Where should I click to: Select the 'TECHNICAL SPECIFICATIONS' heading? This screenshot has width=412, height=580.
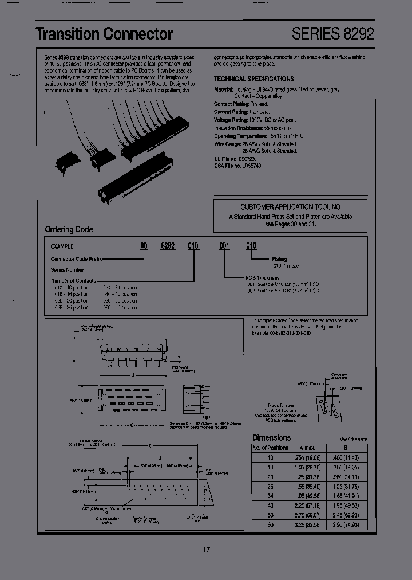pyautogui.click(x=254, y=79)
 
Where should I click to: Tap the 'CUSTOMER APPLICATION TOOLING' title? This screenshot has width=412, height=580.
pyautogui.click(x=290, y=207)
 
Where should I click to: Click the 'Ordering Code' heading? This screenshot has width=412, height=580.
pyautogui.click(x=69, y=230)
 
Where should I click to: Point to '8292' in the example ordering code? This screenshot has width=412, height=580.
pyautogui.click(x=167, y=245)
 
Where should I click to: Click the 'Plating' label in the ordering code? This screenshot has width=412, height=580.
pyautogui.click(x=279, y=259)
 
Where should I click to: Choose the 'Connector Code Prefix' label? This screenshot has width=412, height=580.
pyautogui.click(x=76, y=259)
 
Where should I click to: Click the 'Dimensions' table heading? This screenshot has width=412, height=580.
pyautogui.click(x=272, y=438)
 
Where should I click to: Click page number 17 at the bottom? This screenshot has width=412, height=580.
pyautogui.click(x=207, y=550)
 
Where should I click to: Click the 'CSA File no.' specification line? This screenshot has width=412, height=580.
pyautogui.click(x=238, y=166)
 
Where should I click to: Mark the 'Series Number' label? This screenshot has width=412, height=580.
pyautogui.click(x=68, y=269)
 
